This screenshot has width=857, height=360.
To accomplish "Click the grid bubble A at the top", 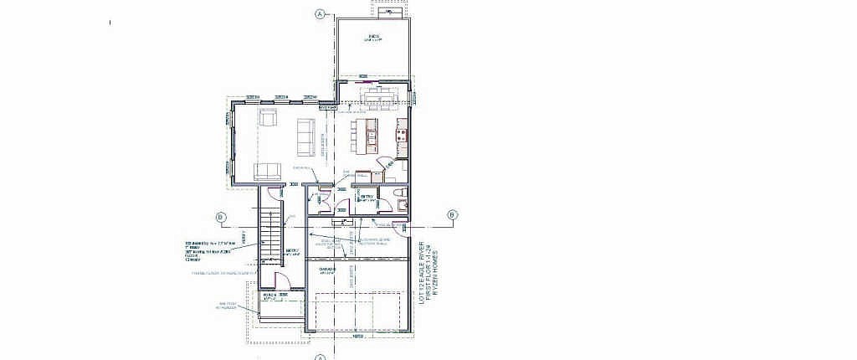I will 320,13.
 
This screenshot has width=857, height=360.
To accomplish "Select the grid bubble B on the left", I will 221,218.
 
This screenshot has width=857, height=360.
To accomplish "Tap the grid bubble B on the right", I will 452,215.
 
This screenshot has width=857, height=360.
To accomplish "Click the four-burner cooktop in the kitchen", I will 402,132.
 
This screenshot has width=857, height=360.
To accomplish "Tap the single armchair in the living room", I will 268,119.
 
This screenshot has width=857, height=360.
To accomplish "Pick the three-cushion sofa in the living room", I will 305,136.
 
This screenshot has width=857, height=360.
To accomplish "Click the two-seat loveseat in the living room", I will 267,171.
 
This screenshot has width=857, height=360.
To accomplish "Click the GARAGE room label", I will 327,269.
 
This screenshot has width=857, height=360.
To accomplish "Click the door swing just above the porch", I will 282,281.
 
